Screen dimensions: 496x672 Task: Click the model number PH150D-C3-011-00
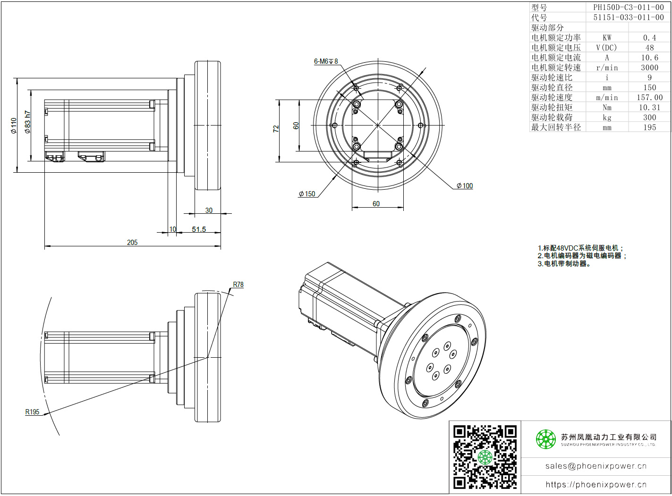click(x=628, y=8)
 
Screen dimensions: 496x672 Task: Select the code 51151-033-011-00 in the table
click(x=628, y=17)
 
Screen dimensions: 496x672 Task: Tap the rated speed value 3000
click(x=649, y=67)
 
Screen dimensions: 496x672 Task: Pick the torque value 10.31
click(x=649, y=108)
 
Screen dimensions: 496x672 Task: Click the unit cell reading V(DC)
click(x=606, y=48)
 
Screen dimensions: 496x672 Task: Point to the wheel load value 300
click(x=649, y=118)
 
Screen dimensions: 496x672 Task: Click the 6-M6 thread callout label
click(x=326, y=61)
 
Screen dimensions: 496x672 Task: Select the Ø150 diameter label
click(x=307, y=194)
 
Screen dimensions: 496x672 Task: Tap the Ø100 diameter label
click(x=465, y=186)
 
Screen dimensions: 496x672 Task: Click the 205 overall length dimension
click(x=132, y=243)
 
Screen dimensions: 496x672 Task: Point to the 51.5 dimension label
click(x=199, y=229)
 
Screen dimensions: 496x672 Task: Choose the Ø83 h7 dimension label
click(x=28, y=122)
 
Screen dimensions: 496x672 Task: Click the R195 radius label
click(x=33, y=412)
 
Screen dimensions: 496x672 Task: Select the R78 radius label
click(x=238, y=285)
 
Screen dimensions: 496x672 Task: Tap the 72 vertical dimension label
click(x=276, y=128)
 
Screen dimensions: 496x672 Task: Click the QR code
click(x=485, y=457)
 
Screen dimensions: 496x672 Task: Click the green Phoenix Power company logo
click(x=545, y=439)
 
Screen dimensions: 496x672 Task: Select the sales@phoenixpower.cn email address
click(x=595, y=466)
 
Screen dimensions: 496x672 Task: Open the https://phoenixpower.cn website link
click(x=595, y=485)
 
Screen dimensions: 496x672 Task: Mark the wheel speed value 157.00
click(x=649, y=98)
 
